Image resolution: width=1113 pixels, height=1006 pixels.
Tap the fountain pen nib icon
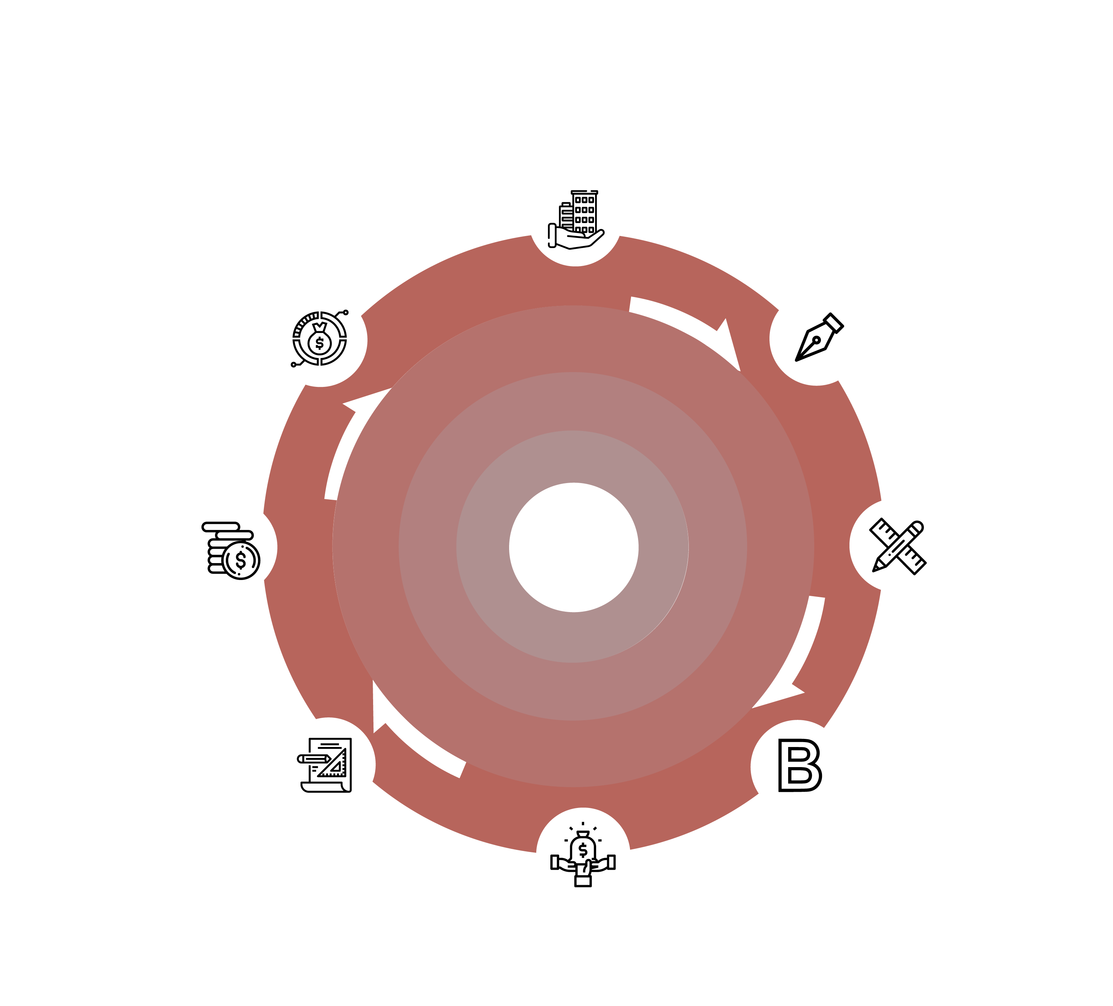(x=819, y=337)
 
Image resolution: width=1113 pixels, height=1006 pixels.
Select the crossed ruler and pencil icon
(x=898, y=547)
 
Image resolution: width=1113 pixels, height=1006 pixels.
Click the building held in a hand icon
(x=576, y=220)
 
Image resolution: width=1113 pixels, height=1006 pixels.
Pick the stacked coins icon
(x=231, y=550)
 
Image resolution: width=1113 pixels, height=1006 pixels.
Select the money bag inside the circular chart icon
(x=320, y=339)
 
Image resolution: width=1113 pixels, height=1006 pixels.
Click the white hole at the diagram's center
(x=574, y=547)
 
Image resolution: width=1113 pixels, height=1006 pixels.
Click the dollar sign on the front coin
(x=241, y=560)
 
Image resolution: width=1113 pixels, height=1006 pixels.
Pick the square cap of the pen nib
(x=834, y=323)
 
